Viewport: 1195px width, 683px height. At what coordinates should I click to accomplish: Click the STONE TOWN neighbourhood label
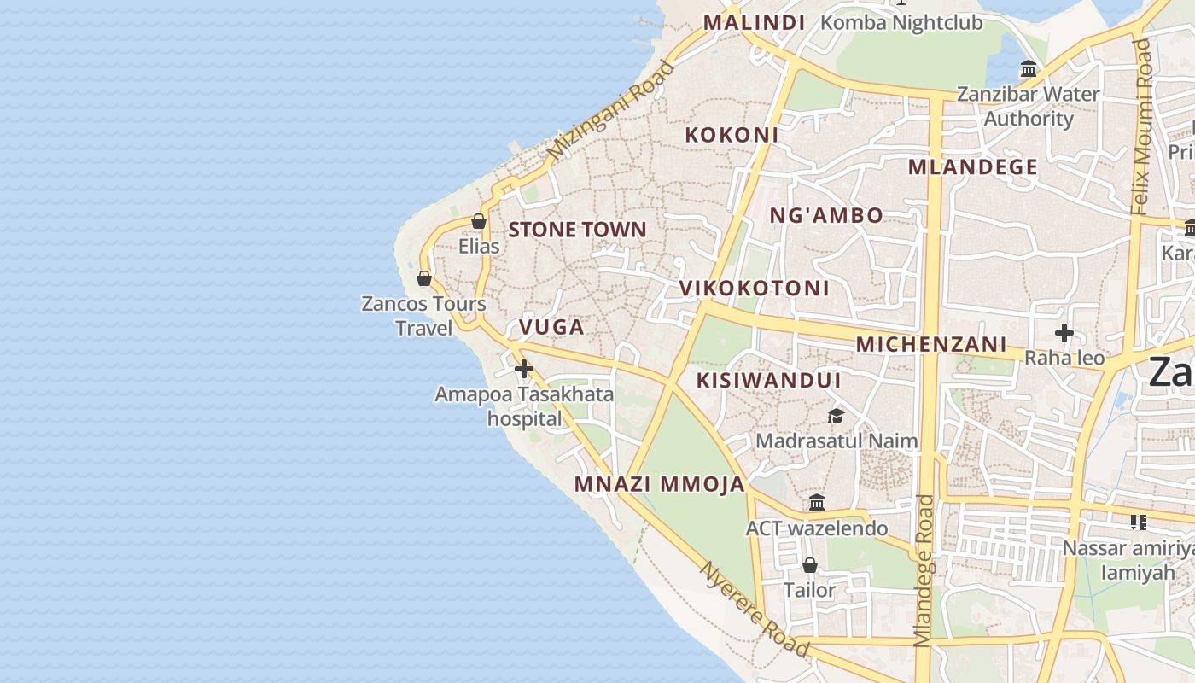tap(577, 230)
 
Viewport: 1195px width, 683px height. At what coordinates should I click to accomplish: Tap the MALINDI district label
tap(754, 23)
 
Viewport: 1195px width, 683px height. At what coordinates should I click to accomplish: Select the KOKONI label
tap(732, 135)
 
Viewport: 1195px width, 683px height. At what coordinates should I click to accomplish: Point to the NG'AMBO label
tap(826, 215)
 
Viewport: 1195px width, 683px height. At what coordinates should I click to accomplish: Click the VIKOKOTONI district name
tap(755, 289)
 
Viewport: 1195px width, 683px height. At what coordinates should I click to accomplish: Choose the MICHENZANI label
tap(931, 345)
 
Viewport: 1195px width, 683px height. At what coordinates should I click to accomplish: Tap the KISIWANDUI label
tap(769, 381)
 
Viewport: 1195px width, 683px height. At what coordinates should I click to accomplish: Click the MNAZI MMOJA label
tap(660, 485)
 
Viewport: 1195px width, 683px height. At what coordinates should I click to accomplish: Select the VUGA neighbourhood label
tap(551, 327)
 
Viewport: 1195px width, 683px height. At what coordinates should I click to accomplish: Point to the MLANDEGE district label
tap(972, 167)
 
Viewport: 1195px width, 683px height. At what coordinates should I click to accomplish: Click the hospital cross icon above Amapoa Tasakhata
tap(524, 369)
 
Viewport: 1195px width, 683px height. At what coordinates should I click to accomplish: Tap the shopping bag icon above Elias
tap(479, 221)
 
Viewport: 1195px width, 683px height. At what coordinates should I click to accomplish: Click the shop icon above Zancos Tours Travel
tap(424, 278)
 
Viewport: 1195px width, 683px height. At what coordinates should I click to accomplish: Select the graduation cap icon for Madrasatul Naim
tap(836, 416)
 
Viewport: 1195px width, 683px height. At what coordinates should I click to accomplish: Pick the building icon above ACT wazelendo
tap(817, 503)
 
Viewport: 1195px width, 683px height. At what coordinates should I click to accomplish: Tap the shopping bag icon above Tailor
tap(809, 565)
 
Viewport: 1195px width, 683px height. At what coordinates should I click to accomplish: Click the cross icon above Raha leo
tap(1064, 332)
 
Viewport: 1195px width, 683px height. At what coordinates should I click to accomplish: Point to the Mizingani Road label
tap(611, 110)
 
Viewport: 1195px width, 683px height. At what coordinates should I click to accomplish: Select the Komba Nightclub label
tap(901, 23)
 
